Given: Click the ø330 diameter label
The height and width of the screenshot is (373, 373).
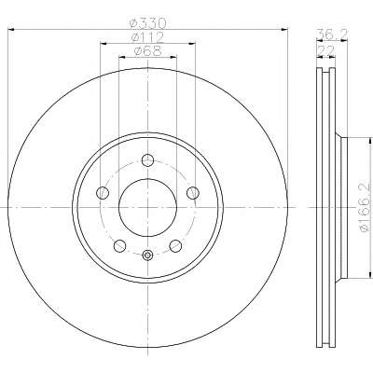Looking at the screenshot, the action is click(148, 23).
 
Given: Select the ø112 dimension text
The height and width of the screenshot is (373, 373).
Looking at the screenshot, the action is click(148, 37).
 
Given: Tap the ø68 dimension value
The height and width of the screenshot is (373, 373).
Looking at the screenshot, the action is click(148, 51).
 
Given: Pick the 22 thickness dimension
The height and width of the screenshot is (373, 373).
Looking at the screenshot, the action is click(325, 50).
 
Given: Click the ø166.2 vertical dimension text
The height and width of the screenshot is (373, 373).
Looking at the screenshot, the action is click(365, 208).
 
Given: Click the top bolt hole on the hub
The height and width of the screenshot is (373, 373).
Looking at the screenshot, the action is click(147, 160).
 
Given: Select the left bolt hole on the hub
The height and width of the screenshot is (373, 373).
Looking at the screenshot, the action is click(103, 193).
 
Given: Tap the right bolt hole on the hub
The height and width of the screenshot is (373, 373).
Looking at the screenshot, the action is click(193, 193).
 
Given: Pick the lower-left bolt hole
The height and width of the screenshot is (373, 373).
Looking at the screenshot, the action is click(120, 246).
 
